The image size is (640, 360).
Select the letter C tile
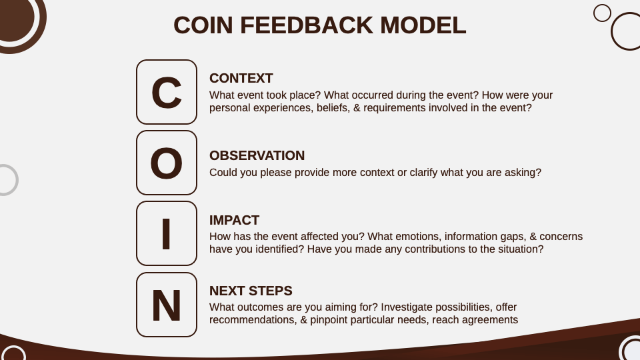point(167,92)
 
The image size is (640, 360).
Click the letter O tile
point(167,163)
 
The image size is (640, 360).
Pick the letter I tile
point(167,233)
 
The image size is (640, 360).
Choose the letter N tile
point(167,305)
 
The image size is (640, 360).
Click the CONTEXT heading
point(241,78)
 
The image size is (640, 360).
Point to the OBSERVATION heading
point(257,155)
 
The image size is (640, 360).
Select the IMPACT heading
point(234,220)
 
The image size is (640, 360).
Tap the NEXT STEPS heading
point(251,291)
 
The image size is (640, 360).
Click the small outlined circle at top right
point(602,13)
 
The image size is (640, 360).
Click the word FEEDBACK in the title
point(307,25)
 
